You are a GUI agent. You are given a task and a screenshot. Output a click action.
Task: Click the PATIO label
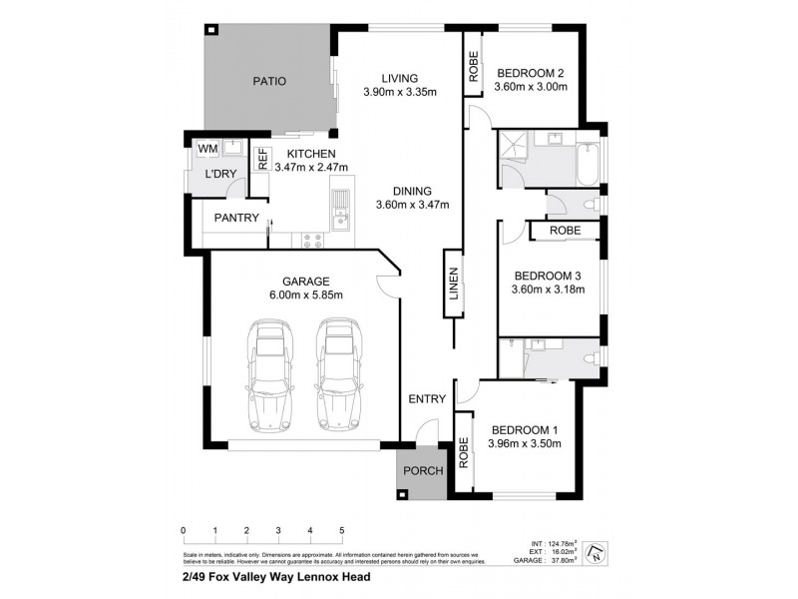coord(268,81)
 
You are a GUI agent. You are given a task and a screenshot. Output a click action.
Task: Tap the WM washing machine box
coord(206,149)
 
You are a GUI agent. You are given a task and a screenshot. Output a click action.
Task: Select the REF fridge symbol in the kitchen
coord(263,160)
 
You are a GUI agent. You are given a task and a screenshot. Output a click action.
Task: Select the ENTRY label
coord(426,399)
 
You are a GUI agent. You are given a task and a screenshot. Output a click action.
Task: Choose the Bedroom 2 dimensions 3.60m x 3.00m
coord(531,87)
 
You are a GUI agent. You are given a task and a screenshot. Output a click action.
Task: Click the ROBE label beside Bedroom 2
coord(474,67)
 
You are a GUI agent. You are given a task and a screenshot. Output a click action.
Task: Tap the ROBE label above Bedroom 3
coord(565,231)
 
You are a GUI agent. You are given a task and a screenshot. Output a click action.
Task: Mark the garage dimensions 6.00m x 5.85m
coord(305,295)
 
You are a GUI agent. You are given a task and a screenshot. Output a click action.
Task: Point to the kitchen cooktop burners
coord(311,239)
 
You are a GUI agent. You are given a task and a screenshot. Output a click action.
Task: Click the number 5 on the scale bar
coord(342,530)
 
